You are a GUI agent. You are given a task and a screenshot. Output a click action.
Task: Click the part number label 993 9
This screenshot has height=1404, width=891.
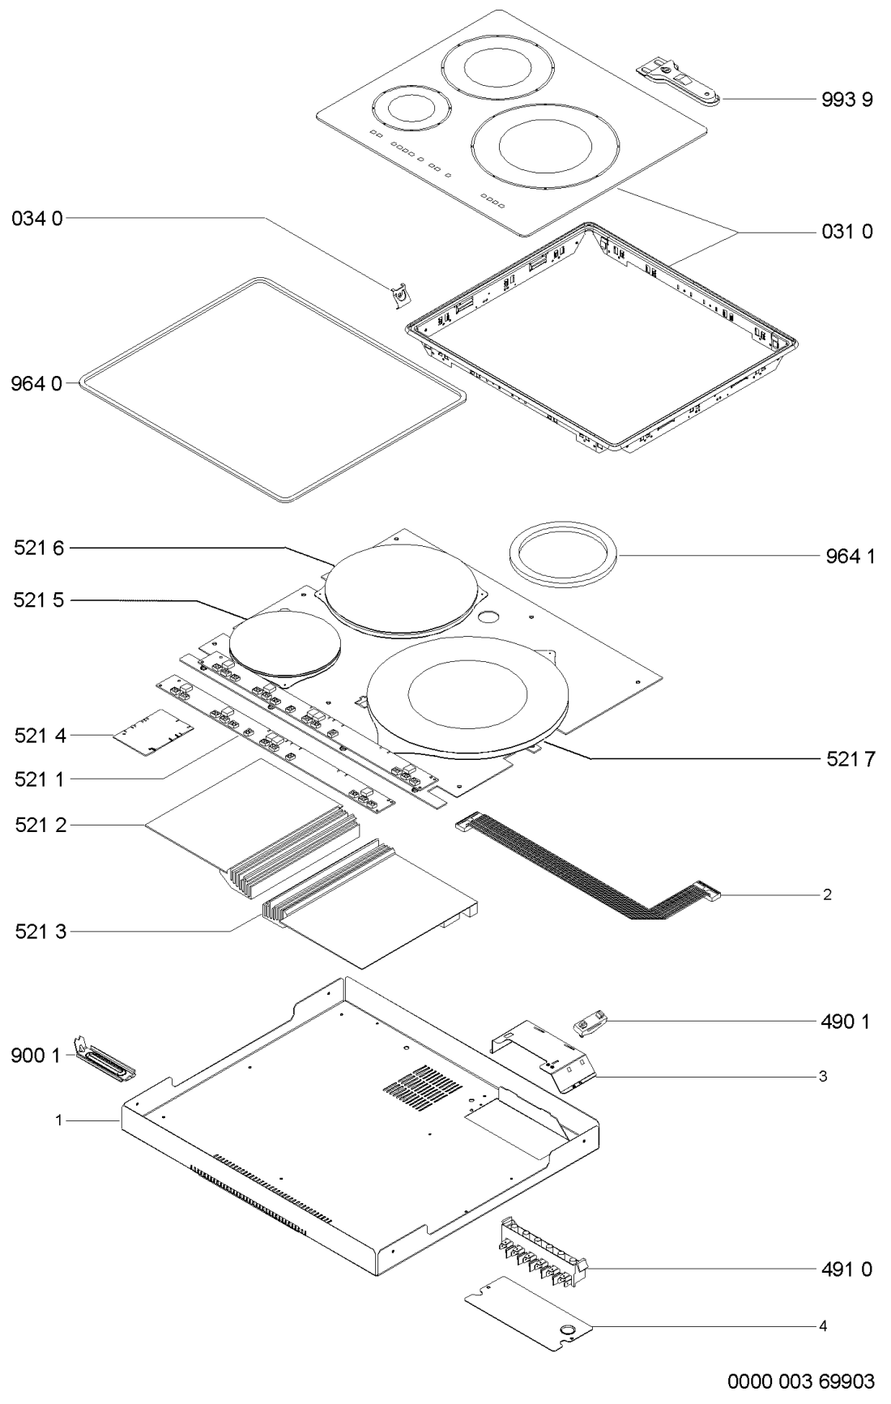click(x=843, y=100)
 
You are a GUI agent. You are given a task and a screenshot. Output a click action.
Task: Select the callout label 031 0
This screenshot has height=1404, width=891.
click(x=843, y=233)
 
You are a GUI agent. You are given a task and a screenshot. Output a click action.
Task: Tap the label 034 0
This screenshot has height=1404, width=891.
click(x=36, y=218)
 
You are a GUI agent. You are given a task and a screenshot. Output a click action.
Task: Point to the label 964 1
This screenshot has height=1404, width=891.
click(x=843, y=557)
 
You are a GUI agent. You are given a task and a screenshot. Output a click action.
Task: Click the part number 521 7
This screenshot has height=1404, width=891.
click(x=843, y=758)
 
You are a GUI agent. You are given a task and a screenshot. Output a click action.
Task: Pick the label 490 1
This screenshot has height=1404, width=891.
click(x=843, y=1022)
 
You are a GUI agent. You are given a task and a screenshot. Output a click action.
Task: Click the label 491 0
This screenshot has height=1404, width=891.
click(x=843, y=1269)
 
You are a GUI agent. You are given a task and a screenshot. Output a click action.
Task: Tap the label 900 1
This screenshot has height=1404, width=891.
click(x=36, y=1056)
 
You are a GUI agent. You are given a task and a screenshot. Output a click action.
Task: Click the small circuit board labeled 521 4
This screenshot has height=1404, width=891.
click(x=154, y=733)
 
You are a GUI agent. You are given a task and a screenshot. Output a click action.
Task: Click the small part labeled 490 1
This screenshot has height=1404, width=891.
click(x=590, y=1023)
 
